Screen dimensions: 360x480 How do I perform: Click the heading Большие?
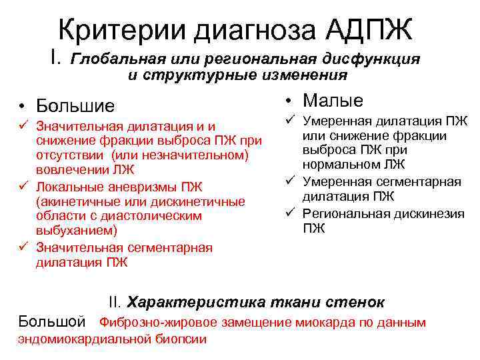point(75,106)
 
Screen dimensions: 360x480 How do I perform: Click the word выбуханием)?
point(76,231)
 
